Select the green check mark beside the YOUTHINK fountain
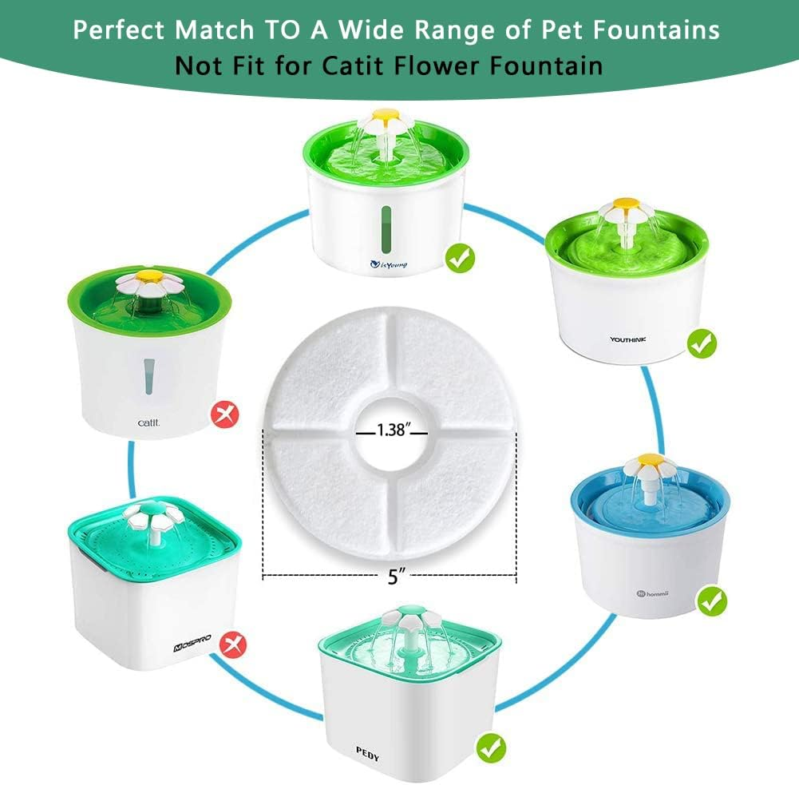point(702,343)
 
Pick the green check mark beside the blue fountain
point(712,600)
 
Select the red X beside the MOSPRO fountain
point(231,640)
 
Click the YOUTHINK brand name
point(629,339)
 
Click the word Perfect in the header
point(124,30)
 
